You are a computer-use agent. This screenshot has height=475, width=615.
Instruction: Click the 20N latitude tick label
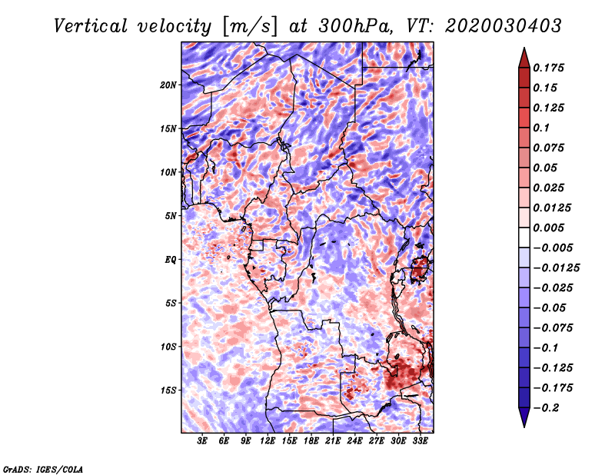168,85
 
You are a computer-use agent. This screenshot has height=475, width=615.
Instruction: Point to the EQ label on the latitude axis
170,260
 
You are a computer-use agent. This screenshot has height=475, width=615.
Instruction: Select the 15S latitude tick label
168,390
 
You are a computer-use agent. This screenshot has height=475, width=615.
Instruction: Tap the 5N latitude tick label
171,216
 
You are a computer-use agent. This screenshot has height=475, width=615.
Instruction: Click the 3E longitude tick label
202,441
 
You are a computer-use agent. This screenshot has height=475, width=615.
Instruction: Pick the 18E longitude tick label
311,441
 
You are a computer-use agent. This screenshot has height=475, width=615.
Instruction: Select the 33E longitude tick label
420,441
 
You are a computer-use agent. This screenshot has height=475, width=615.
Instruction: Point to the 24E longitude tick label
354,441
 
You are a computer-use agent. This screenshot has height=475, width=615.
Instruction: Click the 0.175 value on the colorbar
549,68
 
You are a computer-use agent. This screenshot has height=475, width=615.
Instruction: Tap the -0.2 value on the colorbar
546,408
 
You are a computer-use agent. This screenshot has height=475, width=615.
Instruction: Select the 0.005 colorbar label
549,228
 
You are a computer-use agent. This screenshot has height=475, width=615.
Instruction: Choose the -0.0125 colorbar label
557,268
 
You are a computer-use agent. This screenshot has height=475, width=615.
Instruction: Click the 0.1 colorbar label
542,128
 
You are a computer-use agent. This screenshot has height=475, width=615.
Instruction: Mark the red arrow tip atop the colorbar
524,48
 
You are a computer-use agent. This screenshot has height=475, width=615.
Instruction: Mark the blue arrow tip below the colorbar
524,427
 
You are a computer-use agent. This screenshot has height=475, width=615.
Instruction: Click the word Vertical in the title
91,26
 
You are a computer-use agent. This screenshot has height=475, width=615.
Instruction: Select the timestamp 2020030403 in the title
504,26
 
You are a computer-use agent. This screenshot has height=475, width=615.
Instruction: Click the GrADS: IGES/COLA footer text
43,469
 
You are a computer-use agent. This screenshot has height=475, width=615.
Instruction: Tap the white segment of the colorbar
524,237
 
